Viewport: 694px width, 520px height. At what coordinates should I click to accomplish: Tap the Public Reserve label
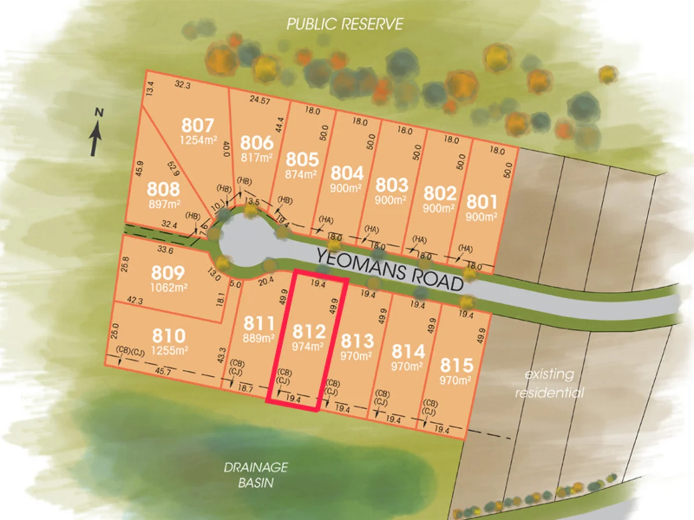pos(345,24)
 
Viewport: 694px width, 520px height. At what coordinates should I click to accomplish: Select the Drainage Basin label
pos(256,474)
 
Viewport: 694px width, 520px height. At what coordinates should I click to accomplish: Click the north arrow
pos(95,133)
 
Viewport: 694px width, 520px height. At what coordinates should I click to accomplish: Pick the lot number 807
pos(197,125)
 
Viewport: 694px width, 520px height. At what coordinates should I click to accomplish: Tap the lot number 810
pos(168,336)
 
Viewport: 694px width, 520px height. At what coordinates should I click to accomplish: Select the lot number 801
pos(482,202)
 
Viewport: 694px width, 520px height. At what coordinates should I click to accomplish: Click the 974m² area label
pos(308,347)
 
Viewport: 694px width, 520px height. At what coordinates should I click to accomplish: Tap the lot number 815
pos(457,366)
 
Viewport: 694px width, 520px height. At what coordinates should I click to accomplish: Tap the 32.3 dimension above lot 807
pos(183,84)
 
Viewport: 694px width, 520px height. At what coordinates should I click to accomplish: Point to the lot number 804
pos(347,173)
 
